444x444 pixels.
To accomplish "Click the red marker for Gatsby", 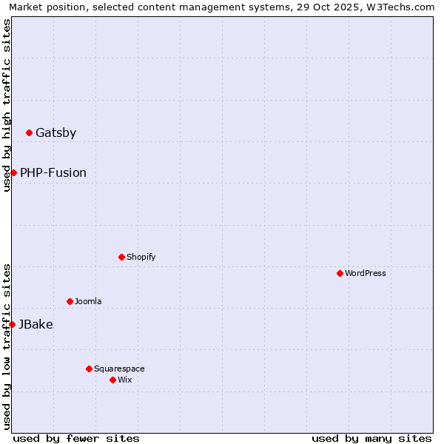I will [x=30, y=133].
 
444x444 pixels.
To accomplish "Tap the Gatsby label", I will [x=55, y=133].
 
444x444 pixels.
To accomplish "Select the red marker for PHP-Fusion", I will [x=13, y=172].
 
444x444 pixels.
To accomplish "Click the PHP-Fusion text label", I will [x=53, y=173].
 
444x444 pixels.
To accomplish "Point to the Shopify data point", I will [x=121, y=258].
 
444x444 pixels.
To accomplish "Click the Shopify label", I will [x=141, y=258].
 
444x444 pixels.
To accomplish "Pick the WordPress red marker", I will [x=340, y=274].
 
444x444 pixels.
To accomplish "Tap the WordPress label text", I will [x=365, y=274].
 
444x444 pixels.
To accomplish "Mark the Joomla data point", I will [x=70, y=302].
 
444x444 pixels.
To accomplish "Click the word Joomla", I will [x=88, y=302].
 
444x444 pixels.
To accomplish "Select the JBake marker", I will [x=13, y=324].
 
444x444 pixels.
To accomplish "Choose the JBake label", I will [x=36, y=324].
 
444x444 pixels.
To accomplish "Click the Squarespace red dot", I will [x=89, y=369].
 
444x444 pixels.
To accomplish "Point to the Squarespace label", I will [x=119, y=369].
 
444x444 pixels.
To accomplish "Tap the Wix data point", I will [x=112, y=380].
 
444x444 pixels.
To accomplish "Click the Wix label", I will [x=124, y=380].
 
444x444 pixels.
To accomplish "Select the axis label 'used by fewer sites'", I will [x=76, y=438].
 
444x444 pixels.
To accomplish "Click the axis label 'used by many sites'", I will [x=371, y=438].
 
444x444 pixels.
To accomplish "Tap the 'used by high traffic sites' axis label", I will [x=7, y=105].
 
